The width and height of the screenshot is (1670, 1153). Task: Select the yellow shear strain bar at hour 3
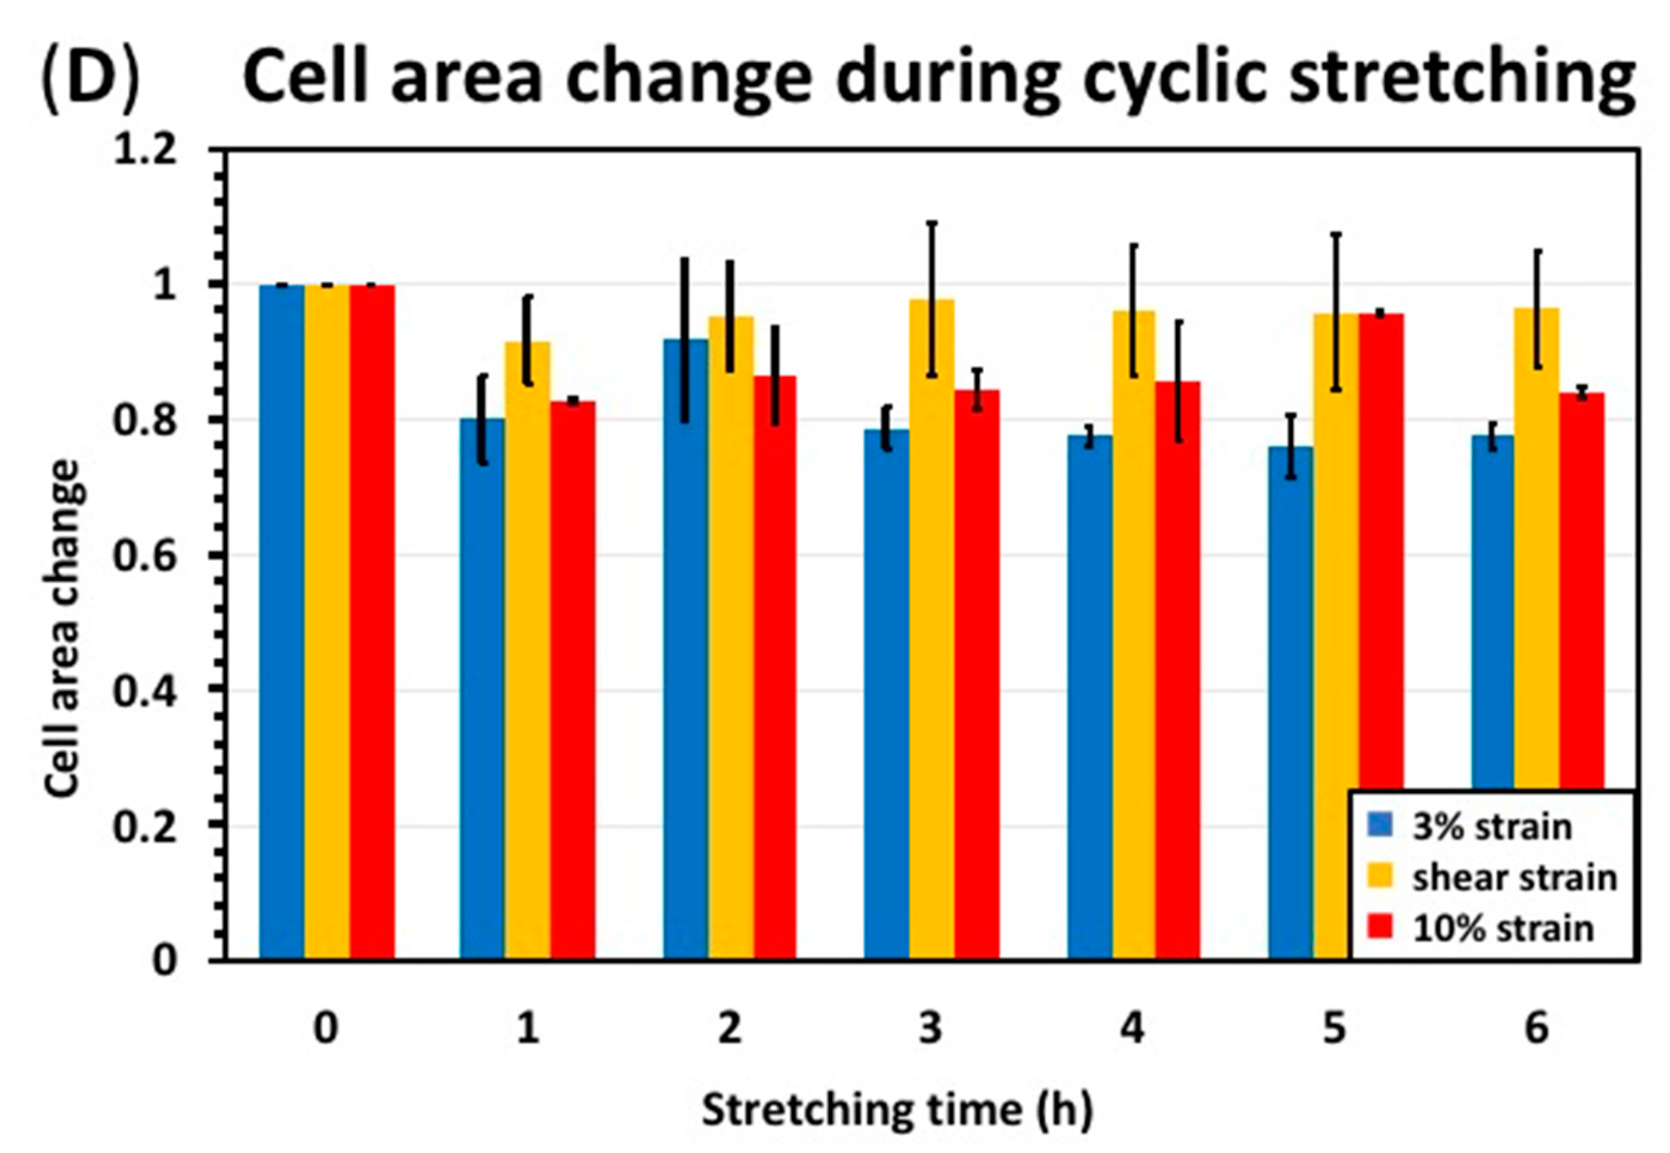(x=931, y=628)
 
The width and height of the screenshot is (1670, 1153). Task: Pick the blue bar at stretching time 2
(x=686, y=650)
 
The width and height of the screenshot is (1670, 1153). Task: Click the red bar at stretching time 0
(x=371, y=621)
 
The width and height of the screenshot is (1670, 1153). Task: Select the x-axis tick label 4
(x=1132, y=1027)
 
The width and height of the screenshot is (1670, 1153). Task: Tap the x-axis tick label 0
(x=326, y=1027)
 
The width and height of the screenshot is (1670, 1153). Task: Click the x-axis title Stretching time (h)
(x=897, y=1109)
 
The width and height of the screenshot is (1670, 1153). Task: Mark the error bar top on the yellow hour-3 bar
(x=932, y=223)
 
